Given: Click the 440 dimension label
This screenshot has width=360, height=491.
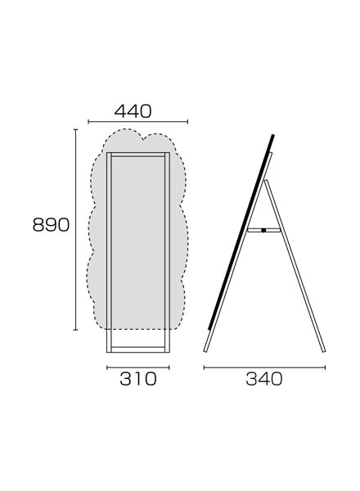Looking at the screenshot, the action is point(133,111).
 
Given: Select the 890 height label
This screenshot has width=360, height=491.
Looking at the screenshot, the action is point(51,225).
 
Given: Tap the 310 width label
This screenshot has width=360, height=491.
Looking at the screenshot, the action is point(138,379).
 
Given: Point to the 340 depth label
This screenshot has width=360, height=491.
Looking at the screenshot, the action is point(264,379).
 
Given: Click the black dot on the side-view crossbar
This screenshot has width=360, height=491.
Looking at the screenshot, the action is point(263,230).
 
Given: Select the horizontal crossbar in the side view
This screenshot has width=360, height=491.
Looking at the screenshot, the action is point(263,230).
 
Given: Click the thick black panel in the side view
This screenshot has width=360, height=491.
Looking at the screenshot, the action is point(241,232).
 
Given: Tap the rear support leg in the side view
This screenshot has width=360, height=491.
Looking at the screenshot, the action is point(295,266).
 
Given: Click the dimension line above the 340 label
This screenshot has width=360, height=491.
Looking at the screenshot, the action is point(264,367).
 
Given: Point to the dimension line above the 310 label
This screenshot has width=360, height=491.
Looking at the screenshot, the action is point(138,367).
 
